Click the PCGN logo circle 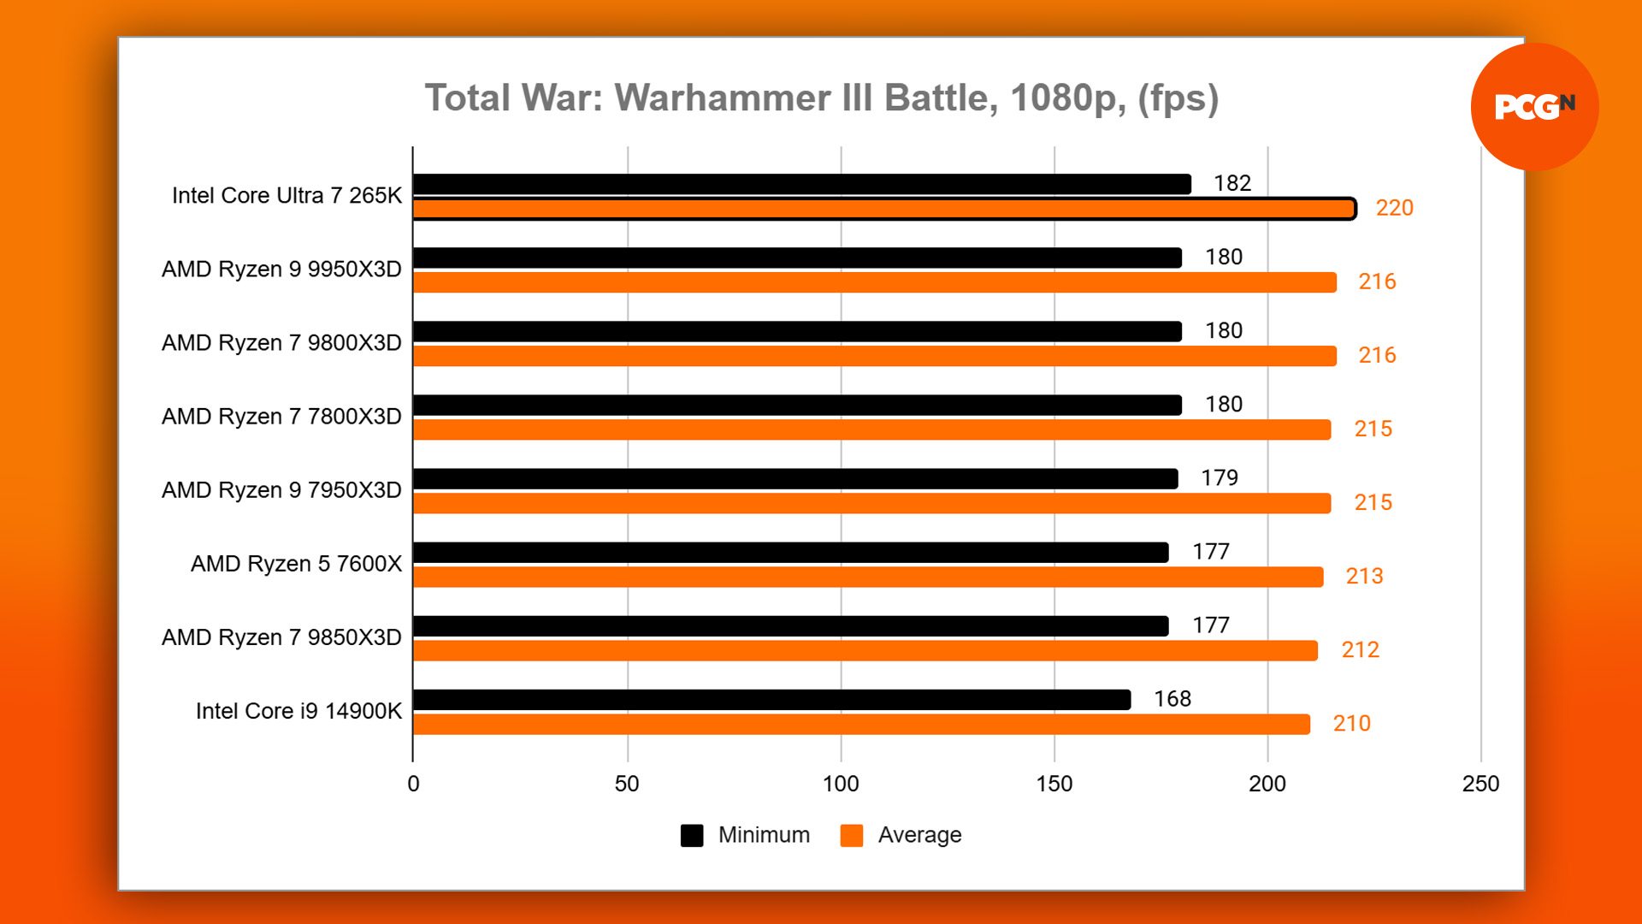click(1534, 106)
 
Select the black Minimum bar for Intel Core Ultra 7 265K click(801, 184)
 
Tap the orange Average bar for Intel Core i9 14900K click(860, 724)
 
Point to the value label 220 click(1394, 208)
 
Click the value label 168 click(1172, 699)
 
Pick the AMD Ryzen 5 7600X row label click(296, 564)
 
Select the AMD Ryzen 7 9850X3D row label click(281, 637)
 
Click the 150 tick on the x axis click(1054, 784)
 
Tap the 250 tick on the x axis click(1480, 784)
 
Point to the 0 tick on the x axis click(413, 784)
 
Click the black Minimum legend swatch click(692, 835)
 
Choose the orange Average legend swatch click(852, 835)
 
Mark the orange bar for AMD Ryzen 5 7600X click(867, 577)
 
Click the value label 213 click(1364, 576)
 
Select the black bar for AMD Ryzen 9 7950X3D click(795, 478)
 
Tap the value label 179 click(1219, 477)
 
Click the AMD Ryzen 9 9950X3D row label click(281, 269)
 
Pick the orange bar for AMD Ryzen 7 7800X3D click(871, 429)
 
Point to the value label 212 click(1360, 649)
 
